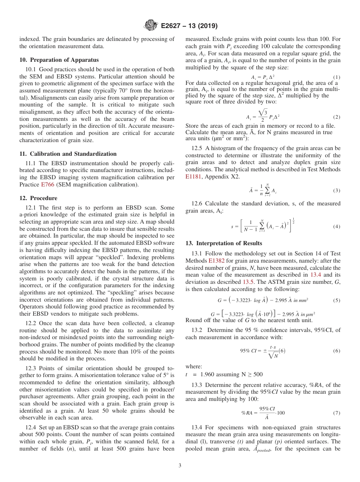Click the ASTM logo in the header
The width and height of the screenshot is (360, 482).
[150, 26]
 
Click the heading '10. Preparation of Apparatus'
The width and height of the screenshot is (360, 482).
[59, 60]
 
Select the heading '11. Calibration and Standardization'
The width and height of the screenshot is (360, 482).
[68, 154]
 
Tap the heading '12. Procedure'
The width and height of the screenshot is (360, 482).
[38, 198]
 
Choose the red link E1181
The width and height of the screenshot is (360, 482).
[194, 176]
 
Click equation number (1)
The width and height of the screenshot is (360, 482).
[337, 77]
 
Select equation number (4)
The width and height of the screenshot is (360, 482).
[337, 227]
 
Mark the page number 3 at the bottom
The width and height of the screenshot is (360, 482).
[180, 465]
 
